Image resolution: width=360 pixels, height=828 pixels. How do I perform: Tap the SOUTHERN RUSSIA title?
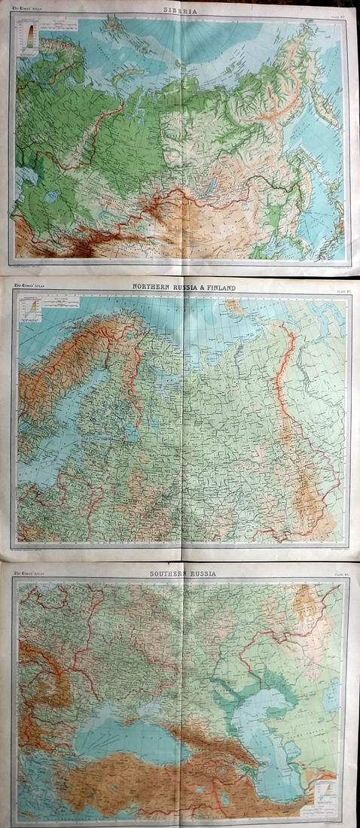coord(182,574)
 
